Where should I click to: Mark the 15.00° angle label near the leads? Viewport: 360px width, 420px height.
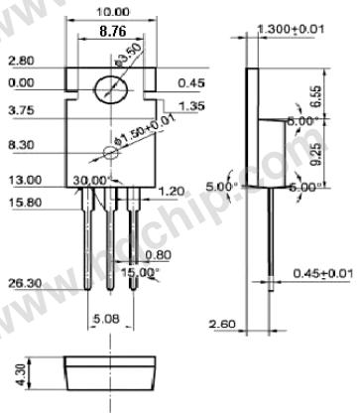pyautogui.click(x=141, y=271)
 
